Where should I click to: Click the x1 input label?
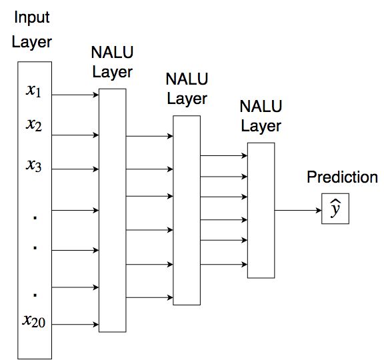(33, 91)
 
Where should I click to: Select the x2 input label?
(34, 125)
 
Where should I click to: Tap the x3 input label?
(34, 165)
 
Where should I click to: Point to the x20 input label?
(34, 321)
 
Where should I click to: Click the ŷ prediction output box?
(335, 209)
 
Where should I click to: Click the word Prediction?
(342, 177)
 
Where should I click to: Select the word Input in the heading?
(32, 17)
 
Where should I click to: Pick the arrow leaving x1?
(75, 95)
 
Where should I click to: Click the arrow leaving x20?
(75, 325)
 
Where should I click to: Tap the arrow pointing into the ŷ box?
(298, 210)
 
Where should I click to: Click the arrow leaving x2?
(75, 135)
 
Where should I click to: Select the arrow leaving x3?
(75, 169)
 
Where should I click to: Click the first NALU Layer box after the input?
(113, 211)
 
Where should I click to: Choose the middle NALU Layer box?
(187, 211)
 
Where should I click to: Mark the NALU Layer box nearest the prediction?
(261, 211)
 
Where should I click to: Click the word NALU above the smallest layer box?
(261, 106)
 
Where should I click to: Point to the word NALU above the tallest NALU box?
(112, 52)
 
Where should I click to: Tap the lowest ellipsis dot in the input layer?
(35, 295)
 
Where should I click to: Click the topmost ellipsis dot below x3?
(35, 217)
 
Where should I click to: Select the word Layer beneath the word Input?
(32, 42)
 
